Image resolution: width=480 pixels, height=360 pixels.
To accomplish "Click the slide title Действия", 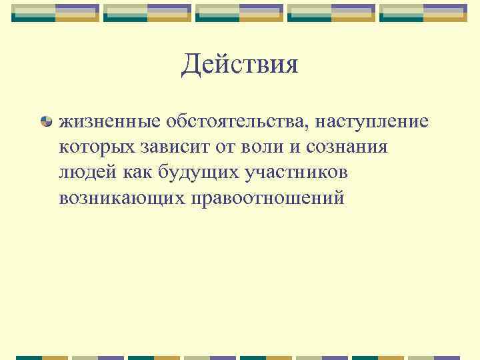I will point(239,65).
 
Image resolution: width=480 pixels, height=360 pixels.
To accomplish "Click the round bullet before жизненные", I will point(46,122).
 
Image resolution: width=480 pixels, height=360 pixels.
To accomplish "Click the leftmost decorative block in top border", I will point(55,13).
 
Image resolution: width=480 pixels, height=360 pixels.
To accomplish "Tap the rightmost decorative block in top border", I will point(423,13).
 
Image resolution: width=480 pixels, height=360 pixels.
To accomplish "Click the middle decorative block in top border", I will point(239,13).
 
